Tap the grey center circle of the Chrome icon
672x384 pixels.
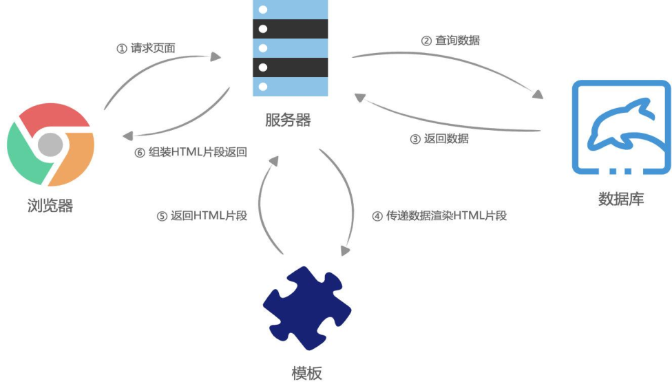[x=50, y=145]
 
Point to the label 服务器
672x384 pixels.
[x=288, y=120]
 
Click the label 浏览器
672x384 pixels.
[x=50, y=206]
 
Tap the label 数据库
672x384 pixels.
[x=621, y=200]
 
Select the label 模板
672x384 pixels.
[x=306, y=373]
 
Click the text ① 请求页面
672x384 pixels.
[x=145, y=49]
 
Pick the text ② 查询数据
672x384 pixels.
[x=450, y=41]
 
